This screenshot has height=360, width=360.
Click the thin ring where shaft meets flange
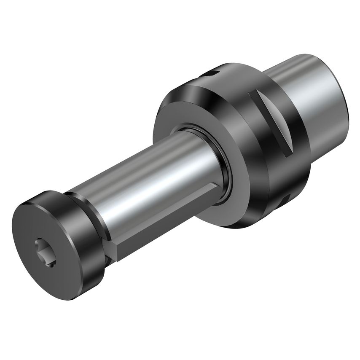(223, 169)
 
